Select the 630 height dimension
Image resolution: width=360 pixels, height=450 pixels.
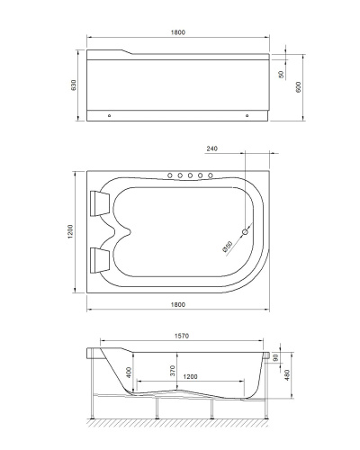click(x=75, y=84)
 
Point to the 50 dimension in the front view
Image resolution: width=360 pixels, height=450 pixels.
click(x=282, y=75)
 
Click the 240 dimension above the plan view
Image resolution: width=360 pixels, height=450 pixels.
click(x=212, y=149)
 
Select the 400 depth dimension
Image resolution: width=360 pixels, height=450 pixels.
click(x=129, y=373)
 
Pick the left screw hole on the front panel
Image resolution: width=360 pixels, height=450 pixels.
click(x=110, y=115)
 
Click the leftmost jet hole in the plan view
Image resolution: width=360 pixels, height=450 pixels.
click(x=168, y=175)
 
